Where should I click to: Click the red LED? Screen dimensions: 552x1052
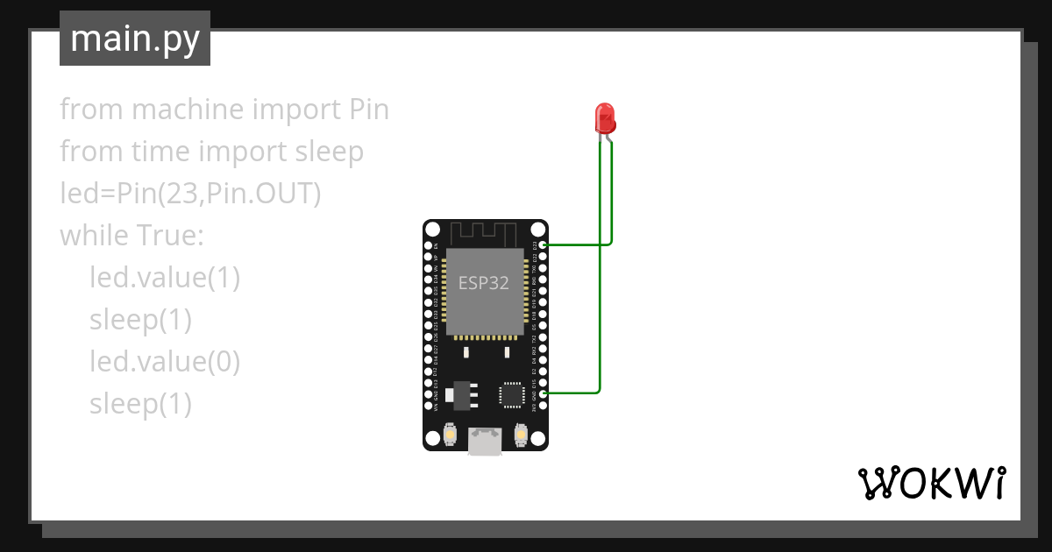(x=604, y=117)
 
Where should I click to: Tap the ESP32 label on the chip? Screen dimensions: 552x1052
(x=483, y=283)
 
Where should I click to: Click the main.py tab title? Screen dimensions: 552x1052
(x=135, y=39)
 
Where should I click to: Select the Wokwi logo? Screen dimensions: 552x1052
(x=930, y=483)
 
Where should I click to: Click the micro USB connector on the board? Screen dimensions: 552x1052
(x=485, y=441)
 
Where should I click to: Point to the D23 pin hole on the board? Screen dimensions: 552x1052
(x=544, y=244)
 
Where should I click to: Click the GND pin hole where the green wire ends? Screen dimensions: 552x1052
(x=544, y=393)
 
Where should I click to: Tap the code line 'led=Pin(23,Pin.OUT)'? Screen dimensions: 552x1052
(x=190, y=195)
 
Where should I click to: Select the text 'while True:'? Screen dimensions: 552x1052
(x=131, y=237)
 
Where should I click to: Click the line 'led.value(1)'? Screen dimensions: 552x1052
(x=165, y=278)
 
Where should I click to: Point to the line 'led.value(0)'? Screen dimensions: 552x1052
(x=165, y=361)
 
